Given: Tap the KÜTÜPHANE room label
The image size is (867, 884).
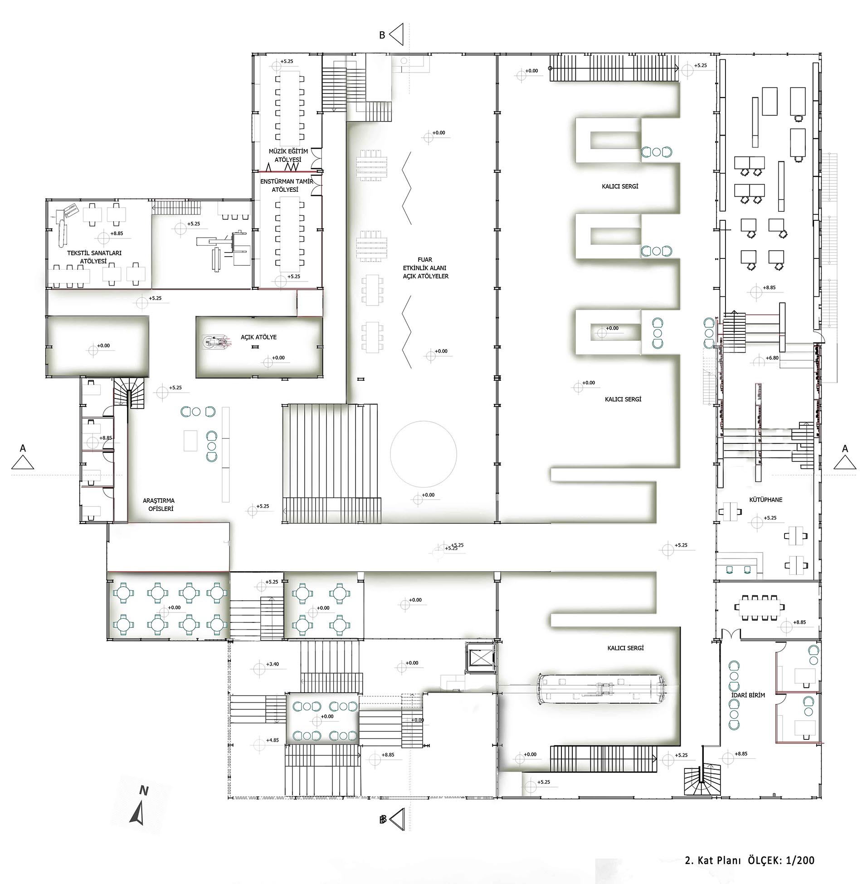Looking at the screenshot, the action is click(765, 500).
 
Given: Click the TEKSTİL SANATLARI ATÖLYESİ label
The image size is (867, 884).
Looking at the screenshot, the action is click(94, 257).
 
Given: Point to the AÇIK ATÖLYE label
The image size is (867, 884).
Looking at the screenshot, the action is click(258, 337).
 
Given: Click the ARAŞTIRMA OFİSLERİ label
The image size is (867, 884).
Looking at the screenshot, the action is click(158, 505).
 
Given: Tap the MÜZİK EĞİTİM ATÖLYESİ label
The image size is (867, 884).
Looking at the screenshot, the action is click(288, 155).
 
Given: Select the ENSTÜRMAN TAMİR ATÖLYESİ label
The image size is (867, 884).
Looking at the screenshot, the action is click(287, 185).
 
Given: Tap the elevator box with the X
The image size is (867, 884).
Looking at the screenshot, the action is click(481, 658).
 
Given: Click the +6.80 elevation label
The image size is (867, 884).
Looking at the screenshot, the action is click(772, 358).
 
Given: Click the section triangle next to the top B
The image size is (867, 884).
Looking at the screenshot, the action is click(397, 34).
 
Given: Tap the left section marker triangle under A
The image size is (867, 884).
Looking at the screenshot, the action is click(23, 463).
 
